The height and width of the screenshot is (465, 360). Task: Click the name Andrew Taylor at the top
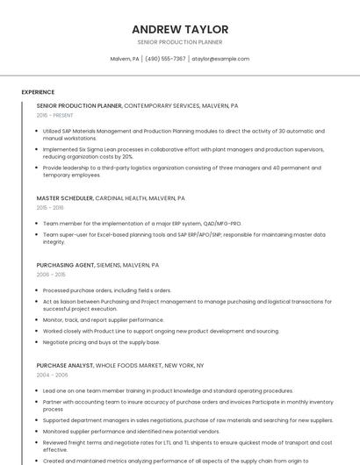pos(180,29)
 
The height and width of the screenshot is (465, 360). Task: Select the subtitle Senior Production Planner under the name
pos(180,42)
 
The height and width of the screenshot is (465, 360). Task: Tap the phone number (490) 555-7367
pos(165,59)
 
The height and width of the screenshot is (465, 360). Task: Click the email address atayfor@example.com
pos(220,59)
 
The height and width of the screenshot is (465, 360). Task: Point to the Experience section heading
pos(38,92)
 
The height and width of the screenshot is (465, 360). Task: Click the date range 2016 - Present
pos(56,116)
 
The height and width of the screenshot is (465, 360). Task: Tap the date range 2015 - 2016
pos(50,208)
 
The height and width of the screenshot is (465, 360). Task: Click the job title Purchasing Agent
pos(65,265)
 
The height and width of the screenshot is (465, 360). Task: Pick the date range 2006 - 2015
pos(50,275)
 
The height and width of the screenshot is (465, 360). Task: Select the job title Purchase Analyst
pos(64,365)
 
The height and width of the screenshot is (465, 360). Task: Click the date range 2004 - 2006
pos(52,375)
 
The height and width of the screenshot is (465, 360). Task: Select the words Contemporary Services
pos(162,105)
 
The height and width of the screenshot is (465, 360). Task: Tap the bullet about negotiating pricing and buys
pos(101,342)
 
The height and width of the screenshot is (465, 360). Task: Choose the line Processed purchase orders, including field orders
pos(107,290)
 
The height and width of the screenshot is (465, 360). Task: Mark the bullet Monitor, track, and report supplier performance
pos(104,320)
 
